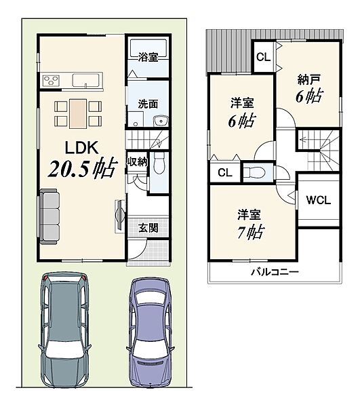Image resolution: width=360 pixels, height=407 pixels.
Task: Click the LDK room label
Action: [x=81, y=148]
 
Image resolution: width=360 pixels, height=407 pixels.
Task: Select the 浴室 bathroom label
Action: [x=148, y=57]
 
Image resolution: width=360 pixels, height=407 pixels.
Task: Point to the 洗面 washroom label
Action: [x=148, y=104]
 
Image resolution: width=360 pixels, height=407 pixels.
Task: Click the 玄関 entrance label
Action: [x=148, y=228]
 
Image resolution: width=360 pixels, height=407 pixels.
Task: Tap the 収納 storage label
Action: [x=137, y=162]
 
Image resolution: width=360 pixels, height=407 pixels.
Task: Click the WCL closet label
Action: [x=318, y=200]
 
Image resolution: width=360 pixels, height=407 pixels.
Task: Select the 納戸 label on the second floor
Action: [x=308, y=79]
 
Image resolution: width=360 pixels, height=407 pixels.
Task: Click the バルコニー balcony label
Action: [x=275, y=272]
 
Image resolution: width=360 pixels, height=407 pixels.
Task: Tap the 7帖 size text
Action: [x=251, y=232]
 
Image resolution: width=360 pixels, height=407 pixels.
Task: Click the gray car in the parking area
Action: [x=65, y=330]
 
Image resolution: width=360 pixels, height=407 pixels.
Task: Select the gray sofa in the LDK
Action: [x=49, y=216]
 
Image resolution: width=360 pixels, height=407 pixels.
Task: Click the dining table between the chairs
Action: [x=78, y=114]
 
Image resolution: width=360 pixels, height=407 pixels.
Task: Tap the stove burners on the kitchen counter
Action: [x=51, y=80]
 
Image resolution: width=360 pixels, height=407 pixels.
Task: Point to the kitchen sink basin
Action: [x=85, y=80]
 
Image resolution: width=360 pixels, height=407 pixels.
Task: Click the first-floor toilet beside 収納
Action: [x=159, y=163]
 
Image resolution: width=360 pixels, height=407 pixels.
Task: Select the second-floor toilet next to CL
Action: [x=254, y=172]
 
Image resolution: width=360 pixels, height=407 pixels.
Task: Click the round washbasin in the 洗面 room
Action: [x=161, y=121]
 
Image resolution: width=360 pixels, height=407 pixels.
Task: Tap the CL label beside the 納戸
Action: [x=263, y=57]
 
